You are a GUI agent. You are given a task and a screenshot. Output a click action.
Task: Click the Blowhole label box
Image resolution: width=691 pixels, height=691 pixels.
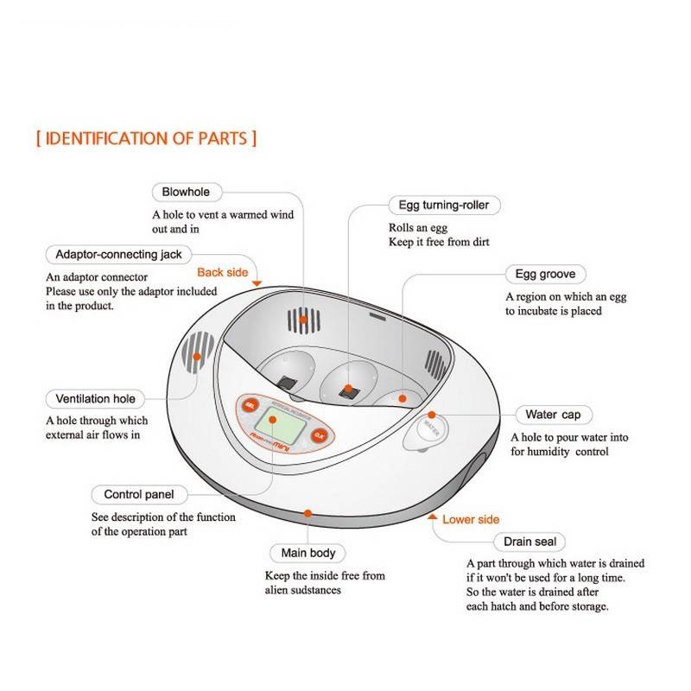coord(186,191)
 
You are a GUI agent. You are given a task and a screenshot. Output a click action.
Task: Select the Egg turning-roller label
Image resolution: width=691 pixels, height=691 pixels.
coord(444,206)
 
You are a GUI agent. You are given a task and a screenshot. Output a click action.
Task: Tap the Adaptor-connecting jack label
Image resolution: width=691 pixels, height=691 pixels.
coord(118,255)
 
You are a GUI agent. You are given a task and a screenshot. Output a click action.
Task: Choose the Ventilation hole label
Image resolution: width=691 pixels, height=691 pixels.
coord(95,399)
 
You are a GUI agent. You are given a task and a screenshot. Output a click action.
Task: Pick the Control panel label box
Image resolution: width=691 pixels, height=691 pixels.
coord(138,495)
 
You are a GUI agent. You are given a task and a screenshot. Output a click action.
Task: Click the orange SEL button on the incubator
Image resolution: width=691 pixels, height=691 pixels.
coord(250,405)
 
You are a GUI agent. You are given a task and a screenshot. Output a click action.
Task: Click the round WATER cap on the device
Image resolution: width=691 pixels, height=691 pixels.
coord(429,428)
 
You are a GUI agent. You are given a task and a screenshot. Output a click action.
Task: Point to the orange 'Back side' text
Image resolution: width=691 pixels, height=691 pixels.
coord(222,272)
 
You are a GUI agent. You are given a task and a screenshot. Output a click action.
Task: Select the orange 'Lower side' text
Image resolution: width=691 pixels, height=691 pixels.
coord(471,520)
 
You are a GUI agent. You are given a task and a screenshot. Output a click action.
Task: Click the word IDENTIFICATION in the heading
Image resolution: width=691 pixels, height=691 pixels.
coord(105,138)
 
